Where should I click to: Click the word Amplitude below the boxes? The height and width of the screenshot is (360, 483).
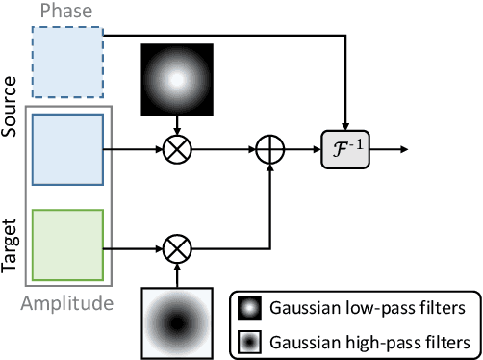(x=66, y=304)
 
